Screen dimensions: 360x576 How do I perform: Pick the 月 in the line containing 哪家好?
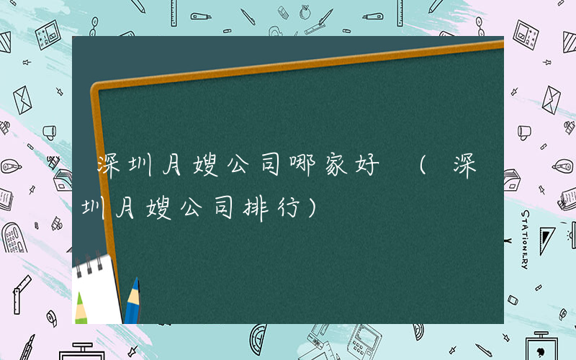pos(186,167)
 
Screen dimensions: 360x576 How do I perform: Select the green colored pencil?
pos(81,306)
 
